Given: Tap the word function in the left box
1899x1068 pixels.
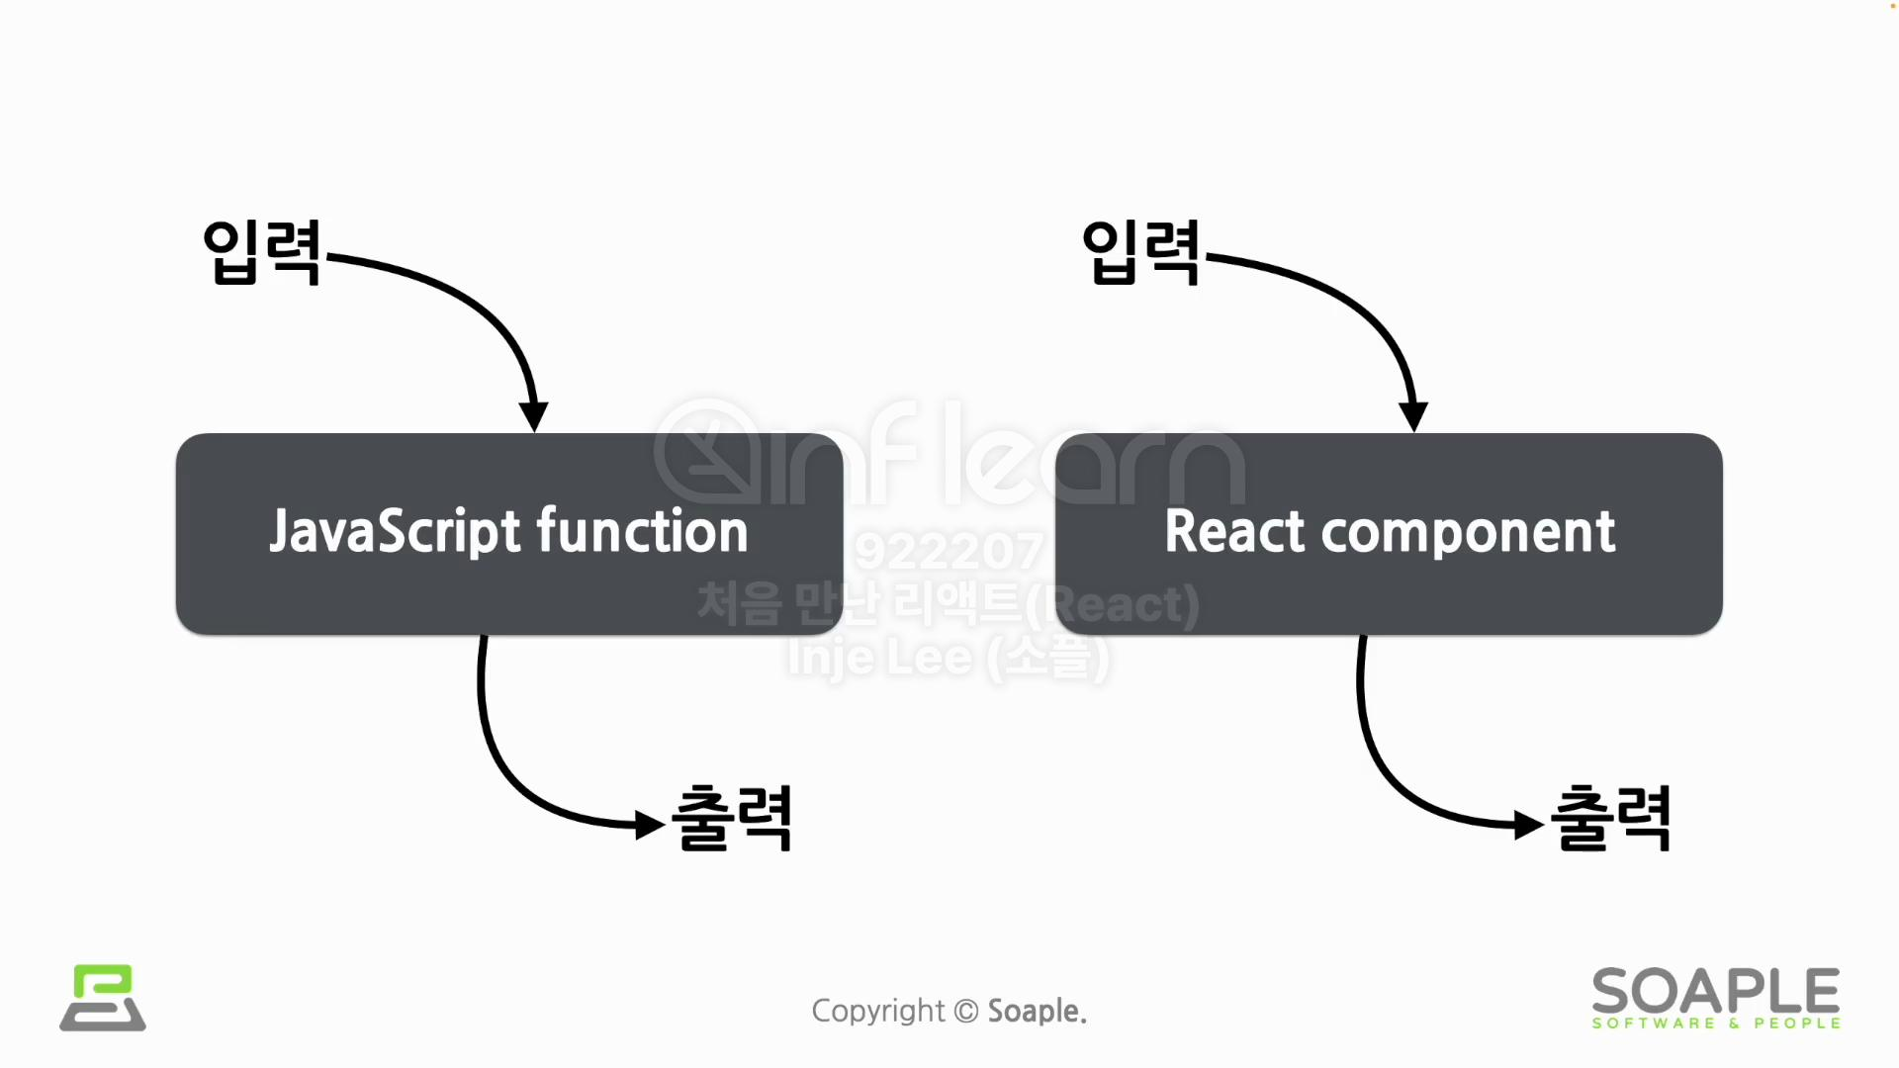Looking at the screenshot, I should (x=642, y=532).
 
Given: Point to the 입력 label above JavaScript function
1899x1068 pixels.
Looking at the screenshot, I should (x=261, y=253).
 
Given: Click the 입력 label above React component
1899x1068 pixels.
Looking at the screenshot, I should (x=1140, y=253).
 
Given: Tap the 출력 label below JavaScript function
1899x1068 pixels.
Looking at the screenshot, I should (x=732, y=819).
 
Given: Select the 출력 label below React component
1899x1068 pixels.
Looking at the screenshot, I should (x=1611, y=819).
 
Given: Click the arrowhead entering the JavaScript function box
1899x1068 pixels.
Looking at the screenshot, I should (x=534, y=416).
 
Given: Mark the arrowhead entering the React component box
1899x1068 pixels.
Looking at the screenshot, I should (x=1413, y=416).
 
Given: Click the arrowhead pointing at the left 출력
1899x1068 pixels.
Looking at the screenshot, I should (x=650, y=824).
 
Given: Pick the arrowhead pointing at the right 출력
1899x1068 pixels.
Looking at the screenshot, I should (x=1529, y=824).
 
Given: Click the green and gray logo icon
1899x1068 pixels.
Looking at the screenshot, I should (x=103, y=998).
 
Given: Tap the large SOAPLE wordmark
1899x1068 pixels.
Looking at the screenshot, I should (x=1716, y=991).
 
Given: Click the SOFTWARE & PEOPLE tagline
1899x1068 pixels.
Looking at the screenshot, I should (x=1716, y=1023).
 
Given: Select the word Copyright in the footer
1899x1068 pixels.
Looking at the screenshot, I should (x=877, y=1011).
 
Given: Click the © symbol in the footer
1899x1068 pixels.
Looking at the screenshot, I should (x=966, y=1011).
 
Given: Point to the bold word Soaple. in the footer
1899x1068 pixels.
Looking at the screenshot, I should (x=1037, y=1011).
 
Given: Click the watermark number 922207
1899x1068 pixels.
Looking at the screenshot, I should (x=949, y=552).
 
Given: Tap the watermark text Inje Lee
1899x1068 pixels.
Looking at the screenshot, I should (x=880, y=658).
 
